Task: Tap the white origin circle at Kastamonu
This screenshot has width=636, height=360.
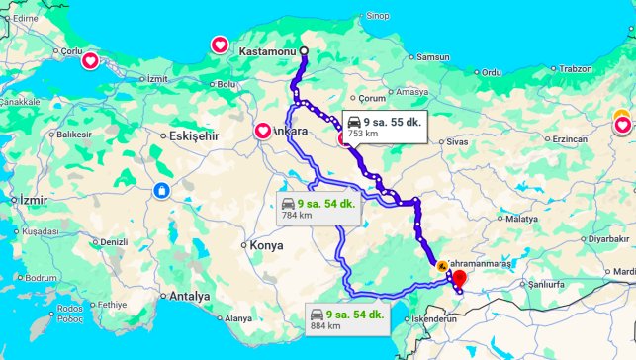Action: (x=304, y=51)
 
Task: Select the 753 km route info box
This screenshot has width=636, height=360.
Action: (x=384, y=126)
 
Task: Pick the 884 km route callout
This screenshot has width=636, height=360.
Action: (x=344, y=317)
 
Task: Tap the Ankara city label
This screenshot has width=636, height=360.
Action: (x=292, y=131)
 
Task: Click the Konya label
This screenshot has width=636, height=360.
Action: (x=266, y=245)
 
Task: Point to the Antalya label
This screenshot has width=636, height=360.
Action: (x=190, y=296)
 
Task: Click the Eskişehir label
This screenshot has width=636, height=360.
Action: (x=194, y=135)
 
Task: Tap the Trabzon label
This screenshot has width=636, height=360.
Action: (x=575, y=68)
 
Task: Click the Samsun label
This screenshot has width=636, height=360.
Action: (x=433, y=57)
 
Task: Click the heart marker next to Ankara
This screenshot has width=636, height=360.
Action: (x=263, y=131)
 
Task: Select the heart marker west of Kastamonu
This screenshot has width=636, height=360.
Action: (x=221, y=45)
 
